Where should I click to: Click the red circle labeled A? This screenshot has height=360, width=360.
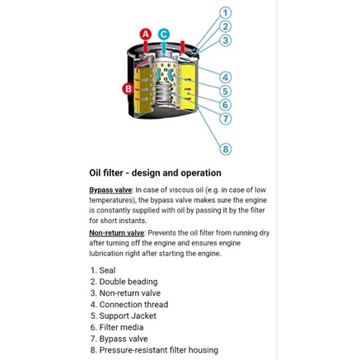(146, 35)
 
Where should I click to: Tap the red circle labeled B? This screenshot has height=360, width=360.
(129, 89)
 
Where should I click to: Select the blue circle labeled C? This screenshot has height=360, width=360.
(164, 35)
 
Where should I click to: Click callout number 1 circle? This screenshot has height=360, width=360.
(226, 13)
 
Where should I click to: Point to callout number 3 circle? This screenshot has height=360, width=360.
(226, 40)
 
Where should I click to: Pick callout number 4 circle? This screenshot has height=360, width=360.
(226, 77)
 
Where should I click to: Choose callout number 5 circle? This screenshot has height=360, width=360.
(226, 91)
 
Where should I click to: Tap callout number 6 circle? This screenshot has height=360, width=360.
(226, 105)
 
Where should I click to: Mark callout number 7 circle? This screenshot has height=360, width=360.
(226, 119)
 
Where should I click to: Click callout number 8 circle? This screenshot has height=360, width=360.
(226, 149)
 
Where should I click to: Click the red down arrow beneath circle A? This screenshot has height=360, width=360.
(146, 47)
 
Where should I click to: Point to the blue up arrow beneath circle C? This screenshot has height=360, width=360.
(164, 48)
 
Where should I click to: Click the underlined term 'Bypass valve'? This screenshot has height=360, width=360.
(110, 190)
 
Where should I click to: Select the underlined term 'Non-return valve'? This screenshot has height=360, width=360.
(116, 233)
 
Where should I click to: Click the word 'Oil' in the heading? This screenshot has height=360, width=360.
(96, 173)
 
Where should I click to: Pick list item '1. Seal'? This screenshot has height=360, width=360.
(103, 270)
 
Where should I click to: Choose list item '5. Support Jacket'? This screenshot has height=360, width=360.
(124, 316)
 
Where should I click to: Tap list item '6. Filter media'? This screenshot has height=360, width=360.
(117, 327)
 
